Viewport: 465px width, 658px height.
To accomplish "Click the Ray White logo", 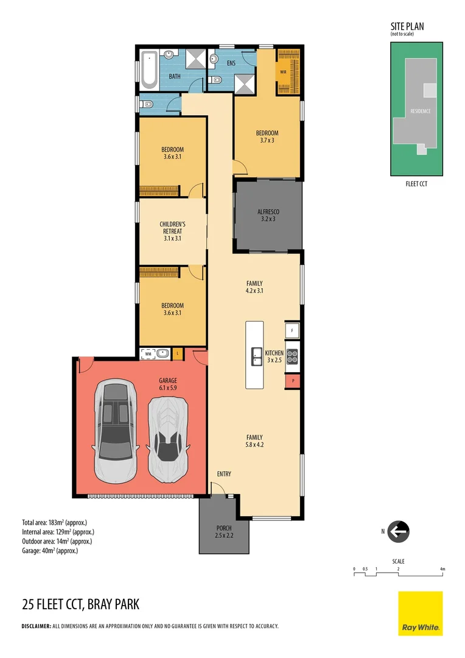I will click(x=420, y=613).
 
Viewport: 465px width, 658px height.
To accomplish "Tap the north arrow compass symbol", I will click(x=398, y=531).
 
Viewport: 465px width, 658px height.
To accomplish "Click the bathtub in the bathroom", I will click(x=149, y=69).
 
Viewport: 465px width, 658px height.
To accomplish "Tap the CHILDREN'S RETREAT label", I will click(x=172, y=231).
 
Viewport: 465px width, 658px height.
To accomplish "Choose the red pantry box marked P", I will click(x=293, y=381).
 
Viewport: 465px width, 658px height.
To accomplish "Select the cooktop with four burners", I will click(x=293, y=355).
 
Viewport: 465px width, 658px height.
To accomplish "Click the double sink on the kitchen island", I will click(x=254, y=356).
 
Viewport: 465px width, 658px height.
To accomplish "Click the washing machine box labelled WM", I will click(x=148, y=353).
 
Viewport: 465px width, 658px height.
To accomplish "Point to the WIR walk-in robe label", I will click(x=283, y=72).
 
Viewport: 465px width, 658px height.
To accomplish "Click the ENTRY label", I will click(x=224, y=473).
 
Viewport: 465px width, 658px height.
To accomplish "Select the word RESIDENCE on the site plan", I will click(x=420, y=111).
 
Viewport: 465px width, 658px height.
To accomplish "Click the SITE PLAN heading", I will click(x=407, y=26).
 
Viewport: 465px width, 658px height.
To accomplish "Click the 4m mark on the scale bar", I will click(x=442, y=569).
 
